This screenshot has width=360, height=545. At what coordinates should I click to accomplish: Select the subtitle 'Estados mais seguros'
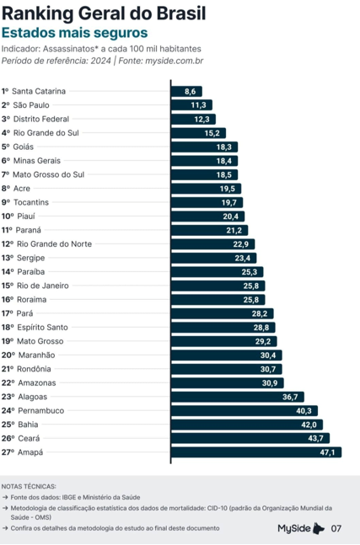[74, 32]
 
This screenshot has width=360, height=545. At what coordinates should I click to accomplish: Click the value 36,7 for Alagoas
[291, 397]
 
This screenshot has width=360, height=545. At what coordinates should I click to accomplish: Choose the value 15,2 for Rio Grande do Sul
[212, 132]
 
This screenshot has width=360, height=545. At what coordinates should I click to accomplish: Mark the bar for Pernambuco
[244, 410]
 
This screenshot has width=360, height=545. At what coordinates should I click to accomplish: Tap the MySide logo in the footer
[301, 528]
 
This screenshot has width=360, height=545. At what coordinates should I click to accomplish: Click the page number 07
[336, 528]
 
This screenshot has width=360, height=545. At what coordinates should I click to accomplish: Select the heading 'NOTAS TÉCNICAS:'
[30, 486]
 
